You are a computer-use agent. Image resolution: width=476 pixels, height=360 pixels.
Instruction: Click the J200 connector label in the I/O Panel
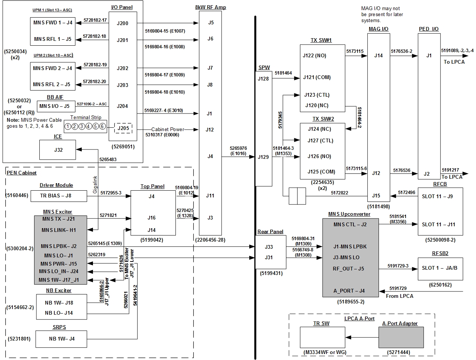tap(123, 23)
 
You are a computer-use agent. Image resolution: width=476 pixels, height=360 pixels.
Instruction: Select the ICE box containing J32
tap(58, 150)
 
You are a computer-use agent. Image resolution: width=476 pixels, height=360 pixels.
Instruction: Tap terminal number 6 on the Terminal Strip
tap(102, 126)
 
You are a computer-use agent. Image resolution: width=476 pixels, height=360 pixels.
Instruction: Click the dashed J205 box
tap(123, 128)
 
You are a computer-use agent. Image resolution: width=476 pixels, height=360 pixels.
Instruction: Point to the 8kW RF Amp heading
tap(211, 7)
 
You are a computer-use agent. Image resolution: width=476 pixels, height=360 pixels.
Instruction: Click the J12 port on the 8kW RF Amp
tap(210, 130)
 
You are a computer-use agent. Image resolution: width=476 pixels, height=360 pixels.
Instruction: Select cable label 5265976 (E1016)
tap(238, 151)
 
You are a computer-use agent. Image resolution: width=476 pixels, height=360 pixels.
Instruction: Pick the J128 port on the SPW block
tap(263, 79)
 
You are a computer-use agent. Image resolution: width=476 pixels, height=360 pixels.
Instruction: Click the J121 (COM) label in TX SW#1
tap(317, 77)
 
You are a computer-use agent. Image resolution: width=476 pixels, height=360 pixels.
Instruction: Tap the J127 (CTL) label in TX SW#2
tap(320, 140)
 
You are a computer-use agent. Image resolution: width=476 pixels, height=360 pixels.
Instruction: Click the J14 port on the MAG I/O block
tap(379, 55)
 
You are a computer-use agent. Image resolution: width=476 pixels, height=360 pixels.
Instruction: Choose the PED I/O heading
tap(429, 29)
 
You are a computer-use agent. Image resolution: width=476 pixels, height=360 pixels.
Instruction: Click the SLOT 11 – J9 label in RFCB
tap(437, 196)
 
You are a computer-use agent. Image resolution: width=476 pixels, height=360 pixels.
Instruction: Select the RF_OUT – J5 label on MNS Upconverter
tap(348, 269)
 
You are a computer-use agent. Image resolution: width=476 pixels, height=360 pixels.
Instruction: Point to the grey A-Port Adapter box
tap(401, 338)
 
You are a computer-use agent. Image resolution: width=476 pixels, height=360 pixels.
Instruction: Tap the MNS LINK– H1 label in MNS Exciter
tap(59, 230)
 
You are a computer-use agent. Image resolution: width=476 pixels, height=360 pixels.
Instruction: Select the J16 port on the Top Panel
tap(151, 218)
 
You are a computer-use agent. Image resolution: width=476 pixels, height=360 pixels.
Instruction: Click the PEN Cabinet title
tap(22, 173)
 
